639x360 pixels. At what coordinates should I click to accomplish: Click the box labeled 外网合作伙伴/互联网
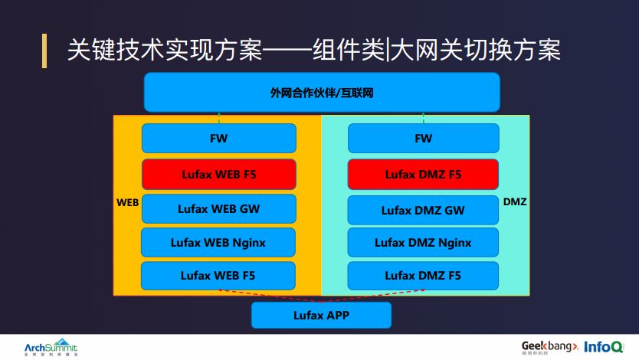click(322, 93)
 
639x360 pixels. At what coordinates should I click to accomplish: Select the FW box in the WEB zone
click(218, 139)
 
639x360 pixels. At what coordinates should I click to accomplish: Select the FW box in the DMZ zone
click(423, 139)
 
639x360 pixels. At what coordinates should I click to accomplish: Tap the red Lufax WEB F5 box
click(218, 175)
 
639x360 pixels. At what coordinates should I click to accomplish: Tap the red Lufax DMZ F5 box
click(423, 175)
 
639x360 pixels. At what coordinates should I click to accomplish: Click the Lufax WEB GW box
click(218, 208)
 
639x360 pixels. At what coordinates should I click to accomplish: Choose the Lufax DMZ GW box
click(423, 210)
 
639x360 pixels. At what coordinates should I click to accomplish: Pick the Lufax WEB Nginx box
click(218, 243)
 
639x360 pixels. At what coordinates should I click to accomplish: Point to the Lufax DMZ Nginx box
click(423, 243)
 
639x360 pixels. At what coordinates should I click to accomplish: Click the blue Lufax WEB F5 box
click(218, 275)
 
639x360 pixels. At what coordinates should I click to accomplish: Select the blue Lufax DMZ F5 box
click(423, 275)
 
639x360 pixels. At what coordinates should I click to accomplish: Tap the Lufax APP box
click(321, 315)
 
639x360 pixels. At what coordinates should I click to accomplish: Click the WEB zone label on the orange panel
click(127, 203)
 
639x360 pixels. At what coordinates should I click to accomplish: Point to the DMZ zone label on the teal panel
click(515, 202)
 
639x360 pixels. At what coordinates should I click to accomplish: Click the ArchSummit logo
click(51, 346)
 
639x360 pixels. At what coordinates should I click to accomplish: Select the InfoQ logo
click(604, 346)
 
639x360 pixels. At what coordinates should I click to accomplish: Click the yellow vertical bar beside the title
click(44, 51)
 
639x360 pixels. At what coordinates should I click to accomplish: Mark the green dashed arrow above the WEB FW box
click(219, 118)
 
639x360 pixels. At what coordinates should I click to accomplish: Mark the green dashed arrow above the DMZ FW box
click(424, 118)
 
